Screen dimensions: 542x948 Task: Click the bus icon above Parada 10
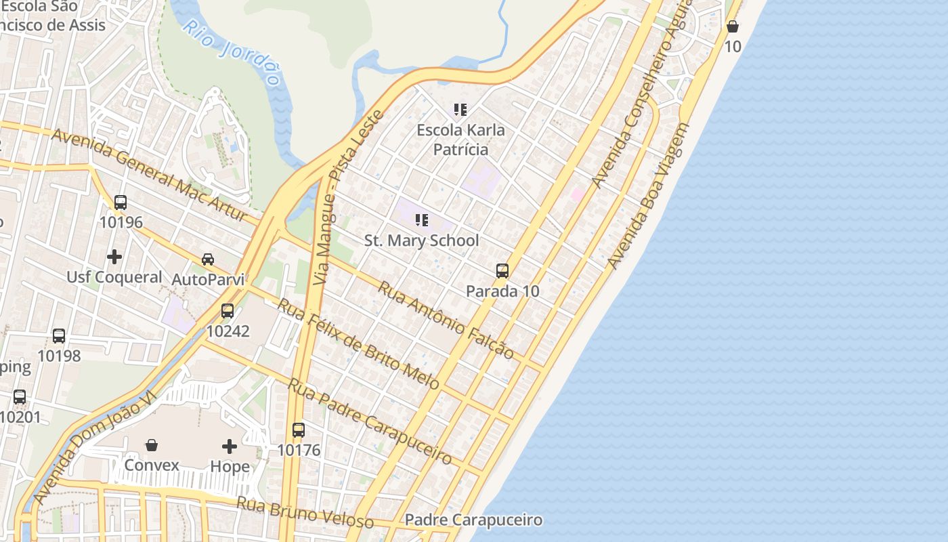click(502, 271)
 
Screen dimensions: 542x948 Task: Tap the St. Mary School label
click(421, 241)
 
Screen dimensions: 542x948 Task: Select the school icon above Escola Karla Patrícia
click(460, 110)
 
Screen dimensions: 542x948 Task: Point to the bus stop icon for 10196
click(121, 202)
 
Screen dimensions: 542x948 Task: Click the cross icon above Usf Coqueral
click(114, 257)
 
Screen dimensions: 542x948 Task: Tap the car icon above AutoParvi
click(208, 259)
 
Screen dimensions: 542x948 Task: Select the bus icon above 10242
click(228, 311)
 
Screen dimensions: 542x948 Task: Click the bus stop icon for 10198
click(59, 335)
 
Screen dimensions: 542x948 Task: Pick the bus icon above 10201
click(20, 397)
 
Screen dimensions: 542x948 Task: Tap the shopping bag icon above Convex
click(152, 445)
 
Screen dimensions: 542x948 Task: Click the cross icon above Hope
click(230, 446)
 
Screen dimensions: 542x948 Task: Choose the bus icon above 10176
click(299, 430)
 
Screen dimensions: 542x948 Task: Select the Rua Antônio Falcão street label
click(445, 320)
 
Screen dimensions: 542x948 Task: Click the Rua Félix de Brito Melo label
click(358, 344)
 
